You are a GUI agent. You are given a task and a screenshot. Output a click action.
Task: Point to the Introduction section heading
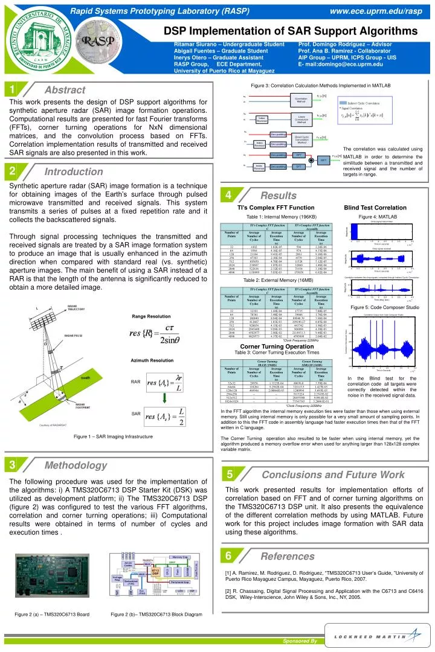click(72, 173)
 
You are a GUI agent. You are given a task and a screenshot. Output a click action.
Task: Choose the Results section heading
click(278, 196)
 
